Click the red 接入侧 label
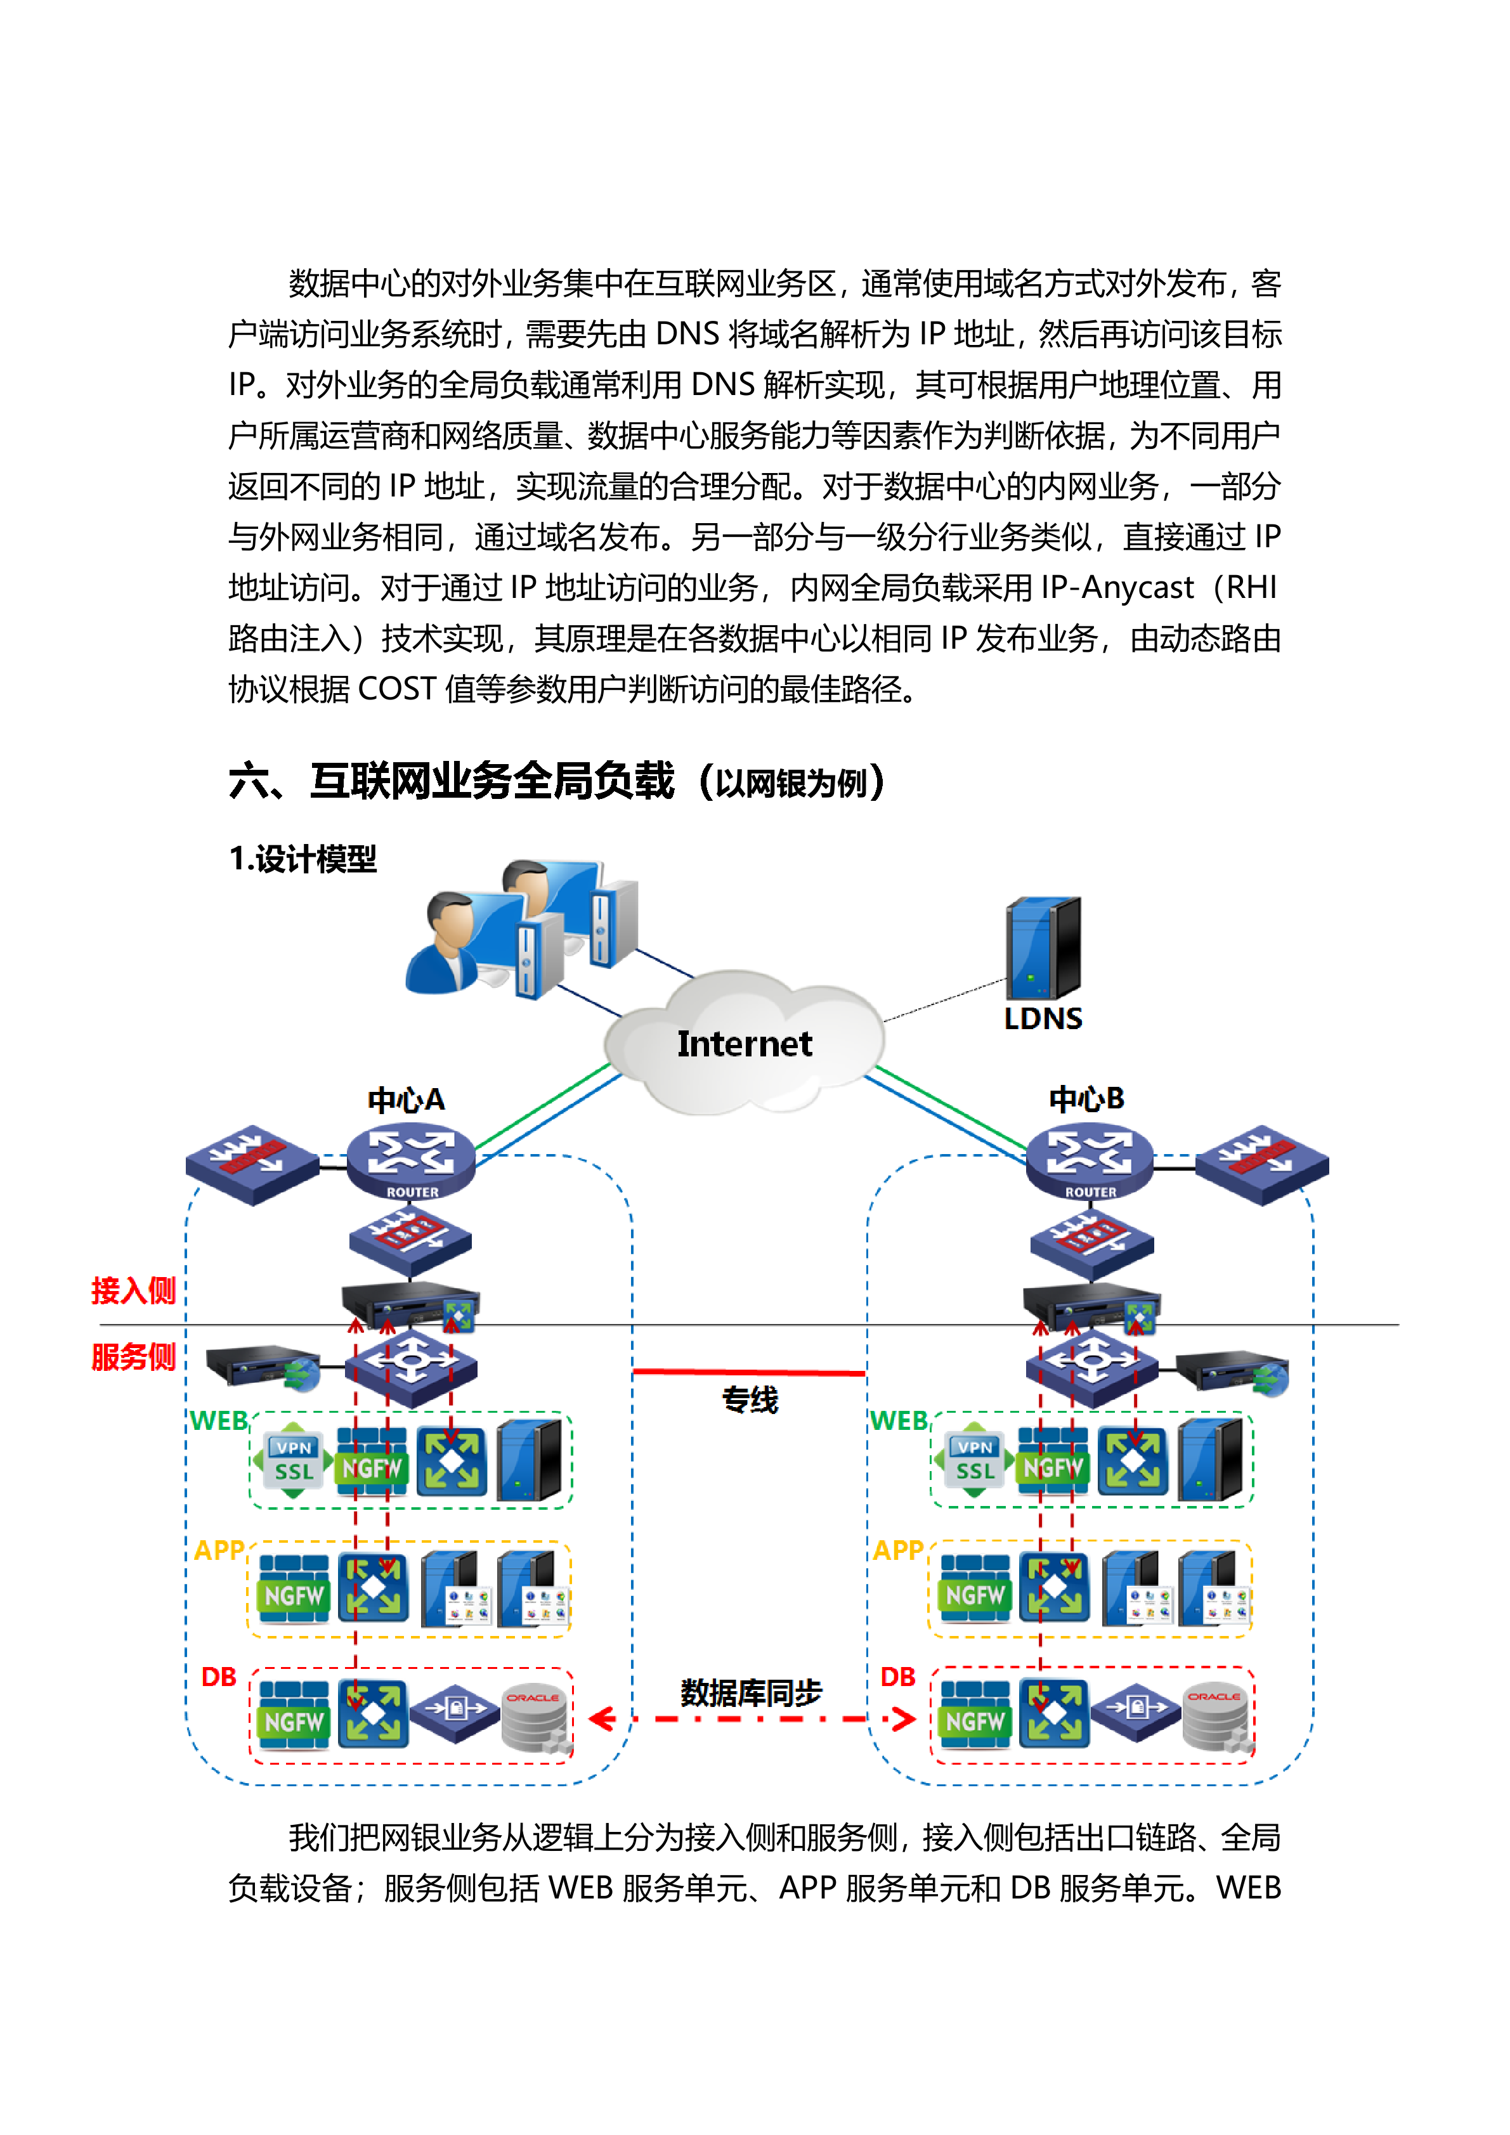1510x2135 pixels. click(x=133, y=1290)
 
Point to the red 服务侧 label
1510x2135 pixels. click(x=133, y=1357)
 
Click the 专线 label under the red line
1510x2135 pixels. click(x=750, y=1399)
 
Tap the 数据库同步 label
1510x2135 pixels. click(x=750, y=1693)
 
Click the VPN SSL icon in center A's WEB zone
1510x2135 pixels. click(x=293, y=1460)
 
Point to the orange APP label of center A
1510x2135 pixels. click(x=219, y=1550)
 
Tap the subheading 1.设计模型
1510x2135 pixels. click(x=303, y=859)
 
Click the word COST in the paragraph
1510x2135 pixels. click(x=397, y=689)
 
